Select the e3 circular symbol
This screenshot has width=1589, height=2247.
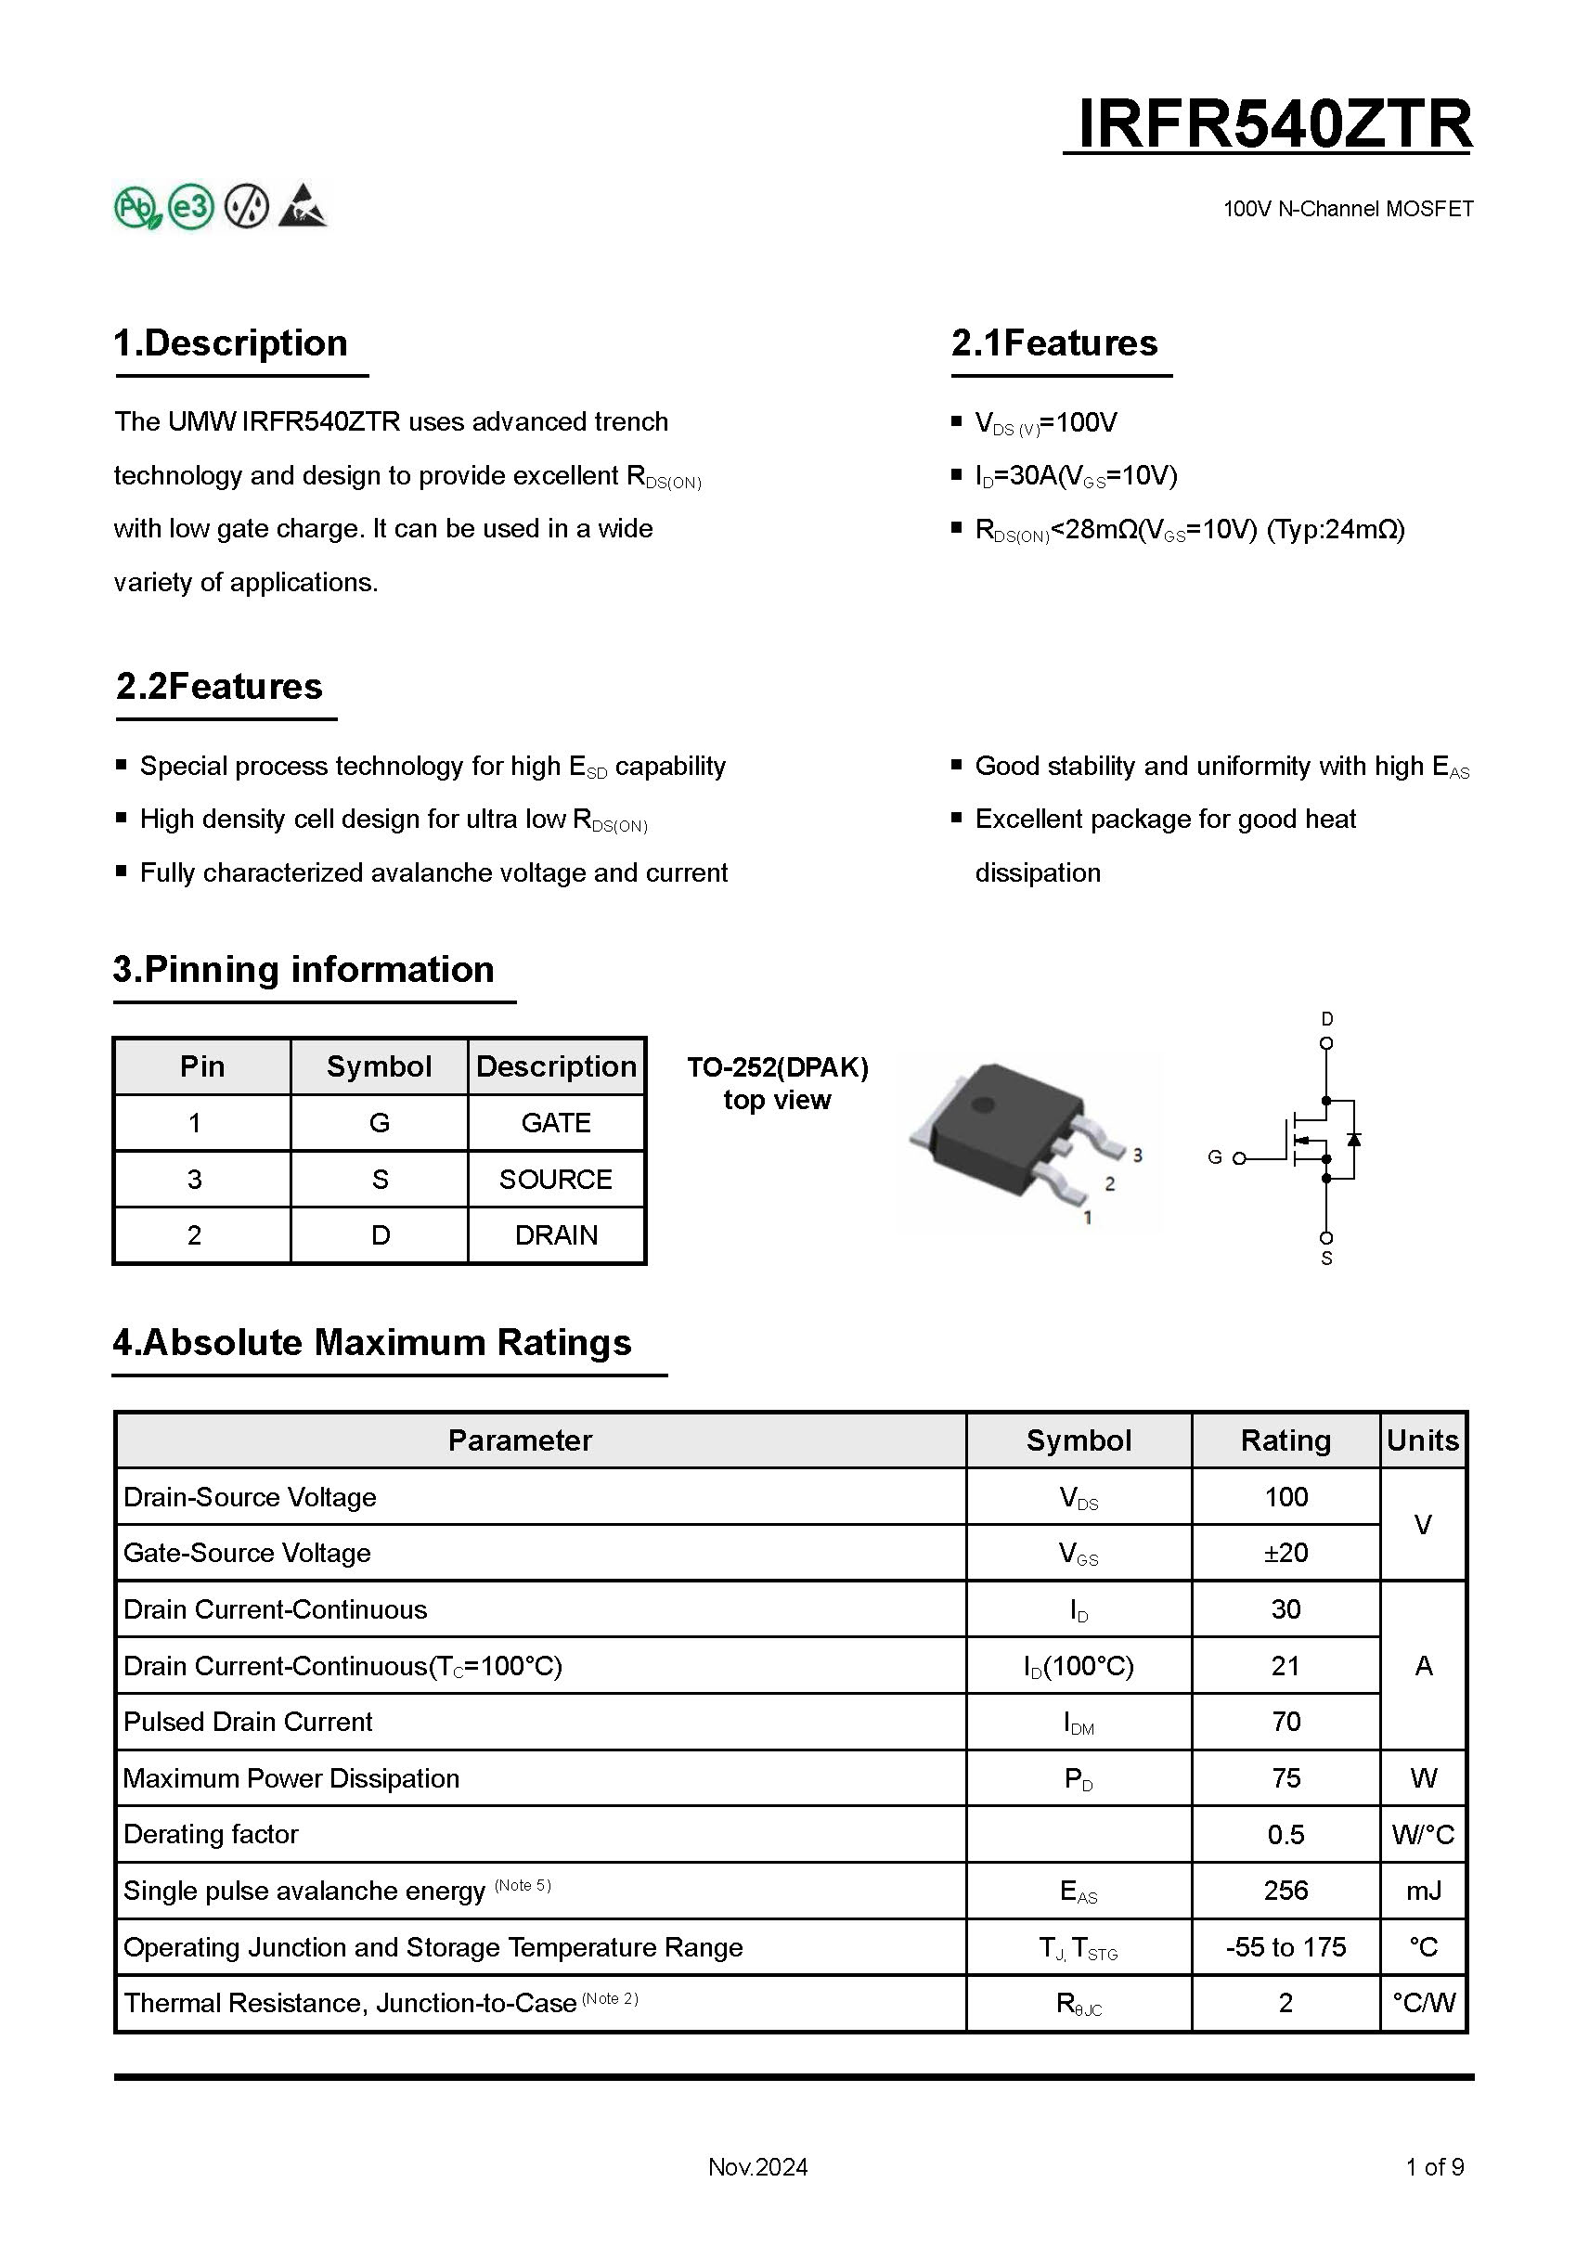tap(191, 206)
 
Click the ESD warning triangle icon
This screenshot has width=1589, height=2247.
tap(303, 206)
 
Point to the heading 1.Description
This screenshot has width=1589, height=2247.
tap(231, 343)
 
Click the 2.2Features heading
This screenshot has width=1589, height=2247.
tap(219, 687)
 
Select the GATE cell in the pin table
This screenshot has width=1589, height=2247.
tap(556, 1122)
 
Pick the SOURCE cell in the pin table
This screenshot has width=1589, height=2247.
tap(556, 1180)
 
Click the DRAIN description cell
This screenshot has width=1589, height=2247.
tap(556, 1235)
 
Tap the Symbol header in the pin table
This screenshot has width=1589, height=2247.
tap(379, 1066)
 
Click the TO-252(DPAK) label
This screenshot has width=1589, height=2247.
tap(777, 1066)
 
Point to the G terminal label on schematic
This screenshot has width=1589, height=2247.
tap(1214, 1157)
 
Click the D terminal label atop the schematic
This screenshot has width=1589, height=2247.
tap(1326, 1019)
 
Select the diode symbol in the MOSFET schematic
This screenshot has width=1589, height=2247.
tap(1354, 1139)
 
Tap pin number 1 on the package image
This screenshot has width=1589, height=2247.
tap(1087, 1219)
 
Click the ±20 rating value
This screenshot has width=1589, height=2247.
tap(1285, 1553)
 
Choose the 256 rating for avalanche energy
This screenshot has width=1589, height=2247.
tap(1285, 1891)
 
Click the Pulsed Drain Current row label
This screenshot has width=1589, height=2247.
tap(248, 1722)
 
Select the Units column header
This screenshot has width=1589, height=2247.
tap(1423, 1440)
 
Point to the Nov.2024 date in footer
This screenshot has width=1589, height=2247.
tap(757, 2167)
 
